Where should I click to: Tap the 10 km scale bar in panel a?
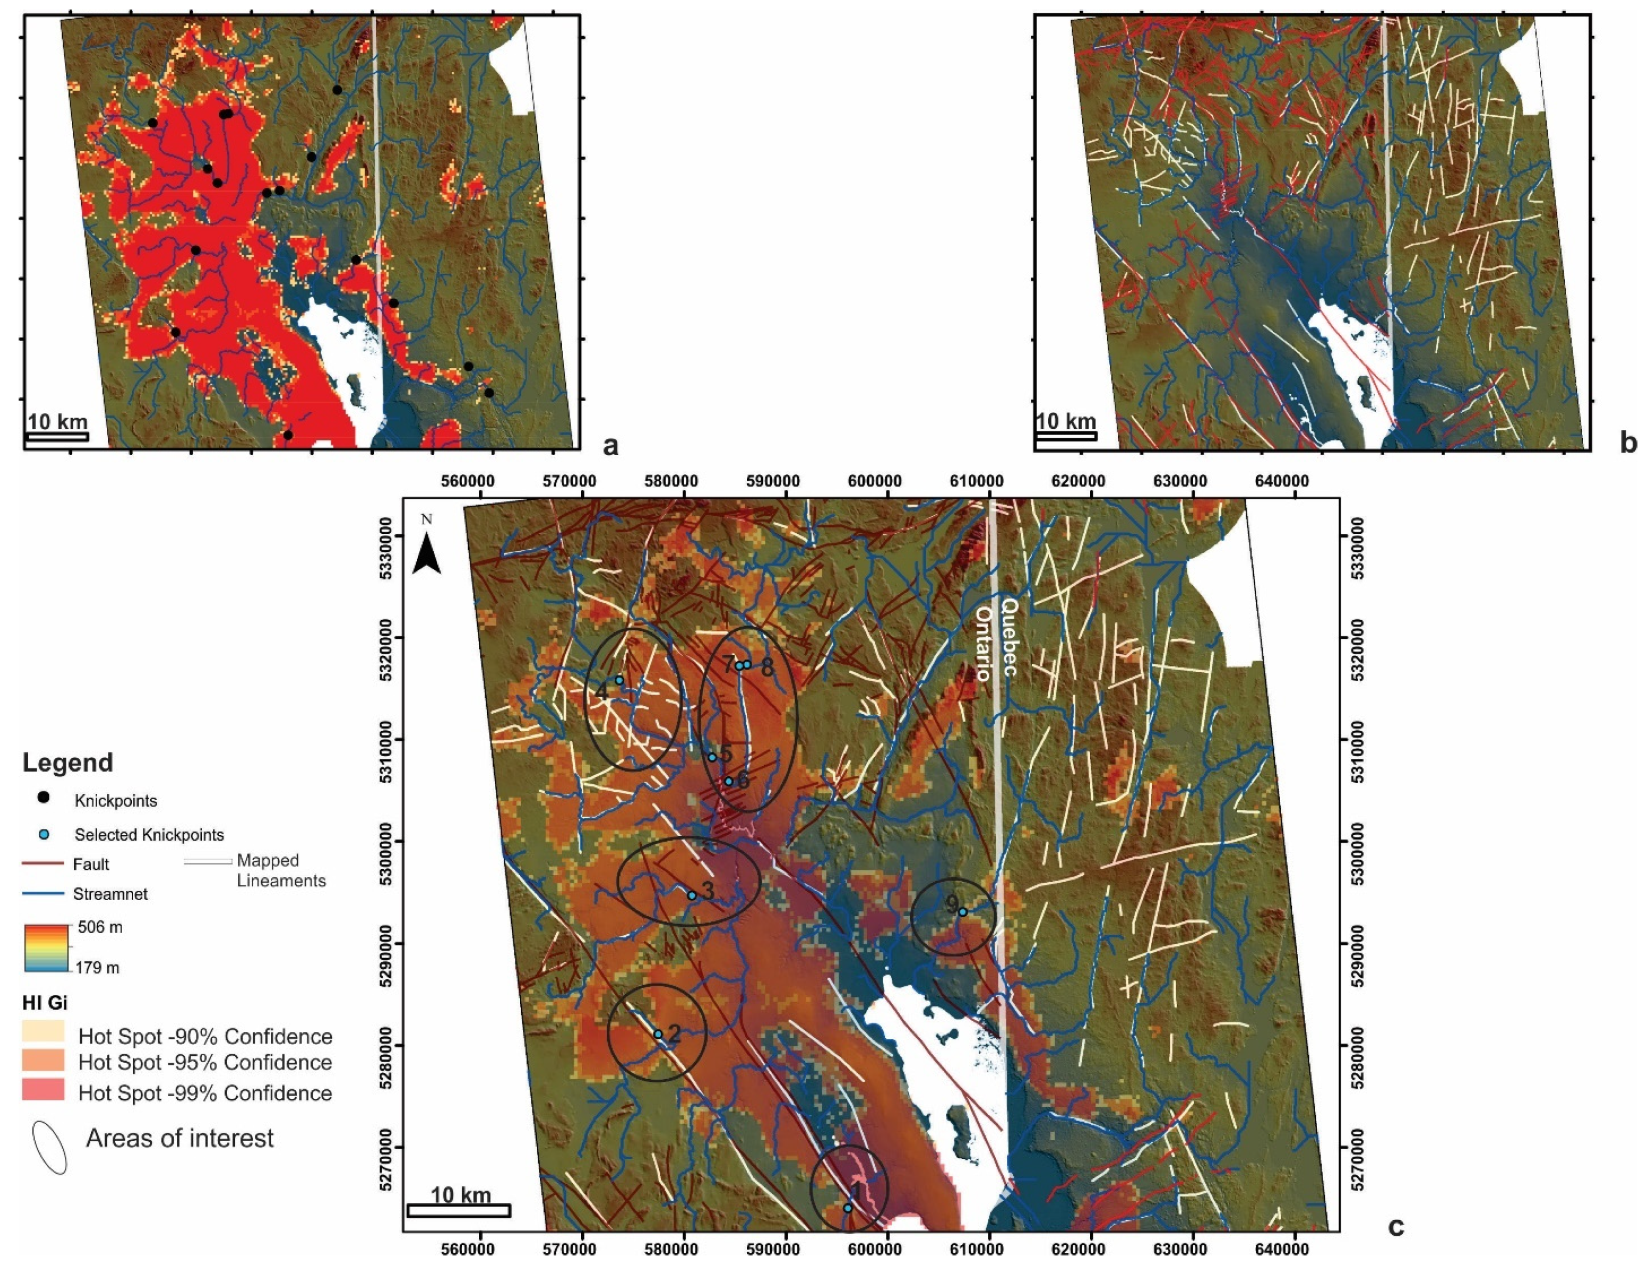coord(58,436)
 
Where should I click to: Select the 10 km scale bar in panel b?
coord(1065,436)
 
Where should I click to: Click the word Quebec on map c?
coord(1009,637)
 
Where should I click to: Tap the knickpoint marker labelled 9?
coord(962,912)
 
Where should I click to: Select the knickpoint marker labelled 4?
coord(619,680)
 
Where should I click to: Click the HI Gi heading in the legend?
coord(44,1003)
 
